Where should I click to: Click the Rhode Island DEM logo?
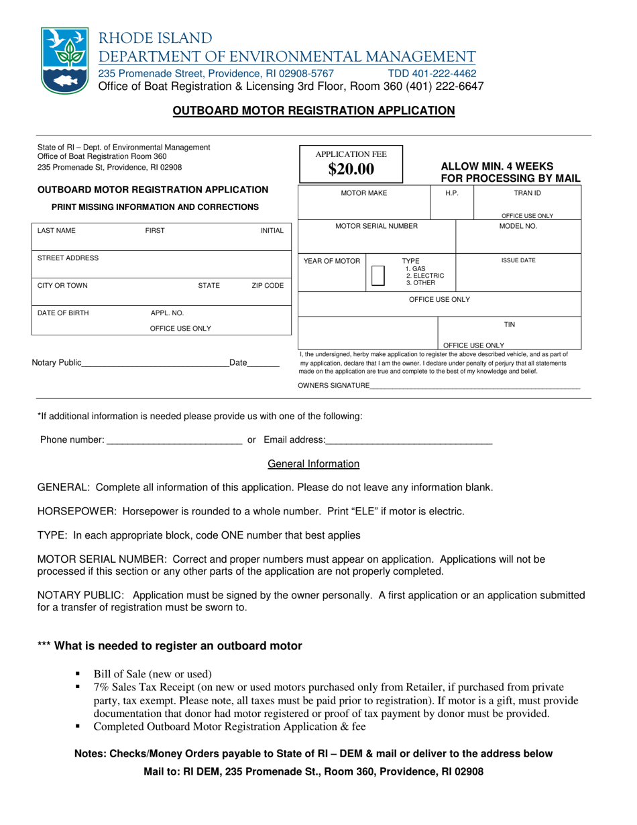click(64, 61)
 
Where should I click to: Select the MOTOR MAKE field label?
click(364, 193)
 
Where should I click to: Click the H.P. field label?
click(452, 193)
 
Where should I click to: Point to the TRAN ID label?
click(527, 193)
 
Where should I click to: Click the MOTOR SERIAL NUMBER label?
click(376, 227)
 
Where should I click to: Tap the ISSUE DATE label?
click(518, 260)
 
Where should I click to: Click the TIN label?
click(509, 325)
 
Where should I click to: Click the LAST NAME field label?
click(57, 231)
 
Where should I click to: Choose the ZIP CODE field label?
click(268, 286)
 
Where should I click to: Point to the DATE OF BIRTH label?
click(63, 313)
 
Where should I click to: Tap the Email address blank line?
click(409, 442)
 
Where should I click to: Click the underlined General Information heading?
click(313, 464)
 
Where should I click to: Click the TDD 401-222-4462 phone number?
click(432, 73)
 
